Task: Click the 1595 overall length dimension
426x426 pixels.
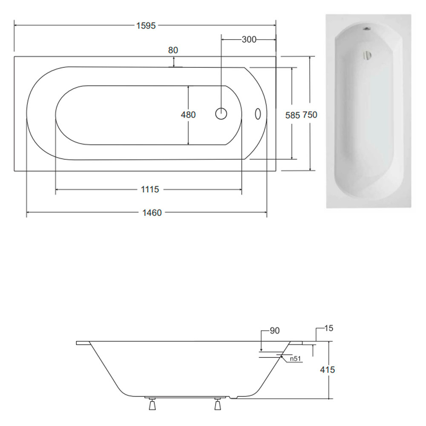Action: point(146,26)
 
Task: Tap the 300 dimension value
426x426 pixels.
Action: point(249,40)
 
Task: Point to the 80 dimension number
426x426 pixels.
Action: point(173,50)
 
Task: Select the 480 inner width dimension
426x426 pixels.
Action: point(188,115)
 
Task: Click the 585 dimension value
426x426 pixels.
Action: point(293,115)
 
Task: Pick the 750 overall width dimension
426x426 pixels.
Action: point(310,115)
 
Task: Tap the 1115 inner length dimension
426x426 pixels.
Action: point(150,190)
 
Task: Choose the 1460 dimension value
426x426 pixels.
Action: point(152,213)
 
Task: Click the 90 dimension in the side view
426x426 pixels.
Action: point(275,331)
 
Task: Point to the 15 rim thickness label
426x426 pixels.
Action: point(329,328)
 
